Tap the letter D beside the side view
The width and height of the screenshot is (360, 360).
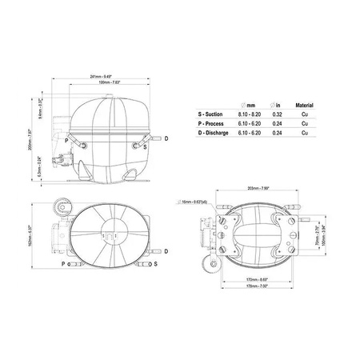[166, 138]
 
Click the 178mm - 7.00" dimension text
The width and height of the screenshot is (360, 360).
[257, 286]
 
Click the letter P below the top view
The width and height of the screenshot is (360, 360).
[62, 263]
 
